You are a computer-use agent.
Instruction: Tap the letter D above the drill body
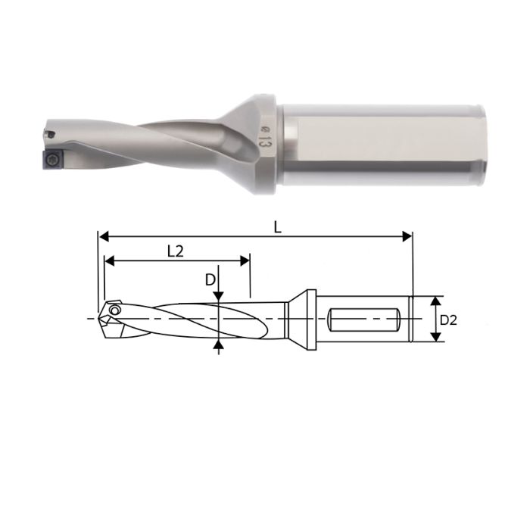[210, 279]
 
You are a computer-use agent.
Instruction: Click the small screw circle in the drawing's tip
[114, 310]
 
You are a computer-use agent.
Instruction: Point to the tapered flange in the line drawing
[300, 319]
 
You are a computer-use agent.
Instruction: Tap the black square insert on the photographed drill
[51, 157]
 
